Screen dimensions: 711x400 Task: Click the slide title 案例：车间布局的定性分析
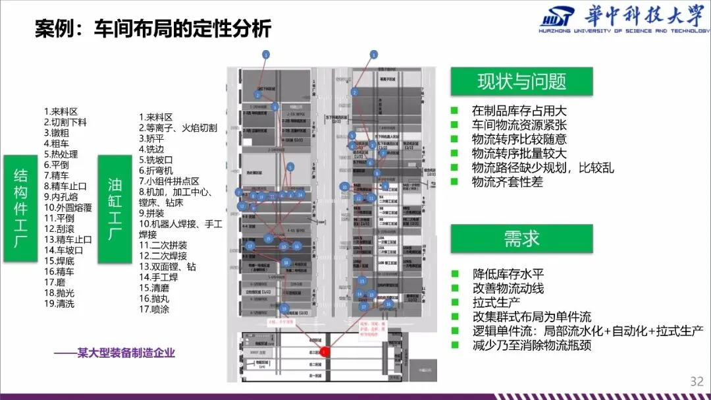[x=153, y=29]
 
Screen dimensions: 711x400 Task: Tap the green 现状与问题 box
[x=521, y=81]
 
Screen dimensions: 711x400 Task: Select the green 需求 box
[x=521, y=239]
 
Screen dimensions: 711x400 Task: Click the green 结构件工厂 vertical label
[x=20, y=209]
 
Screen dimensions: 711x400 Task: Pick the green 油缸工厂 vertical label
[x=115, y=209]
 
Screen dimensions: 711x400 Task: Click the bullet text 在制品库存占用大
[x=519, y=111]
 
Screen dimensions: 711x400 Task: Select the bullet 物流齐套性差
[x=507, y=182]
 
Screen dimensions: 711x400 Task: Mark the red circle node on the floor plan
[x=324, y=353]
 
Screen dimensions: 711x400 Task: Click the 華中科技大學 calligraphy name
[x=646, y=16]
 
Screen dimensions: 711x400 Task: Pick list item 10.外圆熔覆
[x=68, y=207]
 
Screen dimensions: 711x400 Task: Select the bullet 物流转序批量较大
[x=519, y=154]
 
